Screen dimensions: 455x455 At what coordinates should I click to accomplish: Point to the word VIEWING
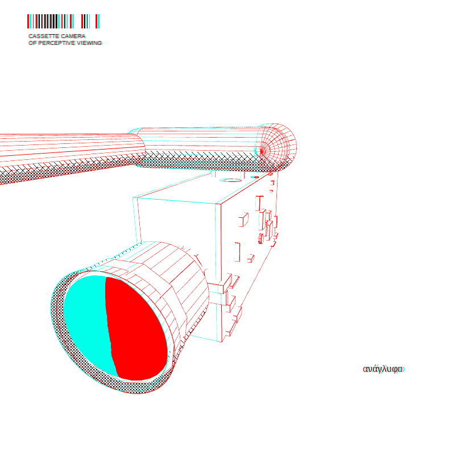pos(90,43)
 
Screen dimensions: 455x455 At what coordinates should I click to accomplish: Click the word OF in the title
pos(32,43)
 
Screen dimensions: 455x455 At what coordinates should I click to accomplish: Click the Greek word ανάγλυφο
pos(383,369)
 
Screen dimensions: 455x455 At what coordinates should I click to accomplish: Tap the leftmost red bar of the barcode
pos(28,21)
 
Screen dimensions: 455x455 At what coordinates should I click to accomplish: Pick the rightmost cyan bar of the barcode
pos(98,21)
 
